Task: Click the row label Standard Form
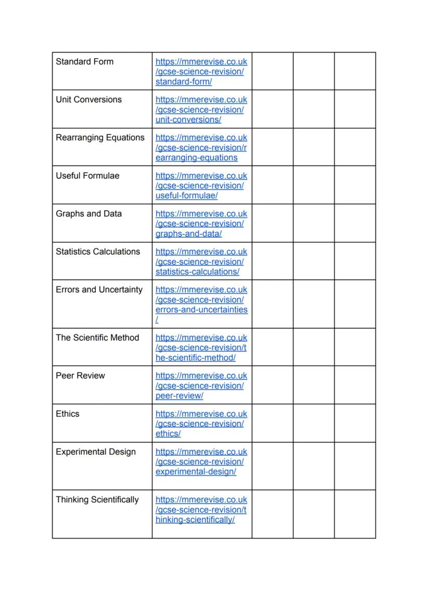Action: click(x=84, y=61)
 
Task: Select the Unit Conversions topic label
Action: click(x=88, y=99)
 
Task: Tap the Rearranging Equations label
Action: click(x=100, y=137)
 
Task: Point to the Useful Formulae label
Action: click(x=87, y=175)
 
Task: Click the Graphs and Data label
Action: click(x=88, y=213)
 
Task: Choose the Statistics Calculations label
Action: click(x=98, y=251)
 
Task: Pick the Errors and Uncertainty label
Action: click(x=99, y=289)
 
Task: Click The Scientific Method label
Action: click(x=97, y=337)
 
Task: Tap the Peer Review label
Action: click(x=80, y=375)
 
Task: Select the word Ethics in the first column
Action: click(x=68, y=413)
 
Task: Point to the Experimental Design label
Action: click(x=95, y=451)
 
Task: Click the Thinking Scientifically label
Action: click(x=97, y=499)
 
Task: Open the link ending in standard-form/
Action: click(x=183, y=82)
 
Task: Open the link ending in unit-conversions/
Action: click(x=188, y=120)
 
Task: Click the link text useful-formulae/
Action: click(x=186, y=196)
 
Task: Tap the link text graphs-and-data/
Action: click(x=188, y=234)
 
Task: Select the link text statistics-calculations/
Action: click(x=197, y=271)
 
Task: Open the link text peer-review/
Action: click(x=179, y=395)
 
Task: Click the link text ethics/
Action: click(x=168, y=433)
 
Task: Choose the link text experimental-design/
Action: click(x=196, y=471)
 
